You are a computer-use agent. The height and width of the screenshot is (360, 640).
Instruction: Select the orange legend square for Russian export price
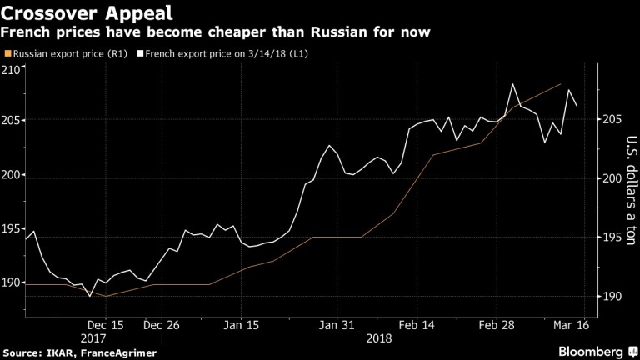(x=7, y=54)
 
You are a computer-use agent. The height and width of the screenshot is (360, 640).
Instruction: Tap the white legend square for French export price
(x=142, y=54)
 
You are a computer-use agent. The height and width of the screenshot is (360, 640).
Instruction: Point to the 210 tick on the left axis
(x=12, y=69)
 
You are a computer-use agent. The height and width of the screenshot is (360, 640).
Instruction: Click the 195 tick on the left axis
(x=12, y=228)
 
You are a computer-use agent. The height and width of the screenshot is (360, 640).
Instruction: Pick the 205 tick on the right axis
(x=612, y=120)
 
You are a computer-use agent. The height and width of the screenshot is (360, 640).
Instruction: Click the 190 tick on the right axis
(x=612, y=297)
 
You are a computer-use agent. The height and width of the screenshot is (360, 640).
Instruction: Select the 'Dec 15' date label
(x=105, y=326)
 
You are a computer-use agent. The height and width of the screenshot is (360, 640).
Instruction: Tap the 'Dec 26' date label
(x=162, y=326)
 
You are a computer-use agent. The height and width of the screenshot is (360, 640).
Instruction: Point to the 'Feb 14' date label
(x=414, y=326)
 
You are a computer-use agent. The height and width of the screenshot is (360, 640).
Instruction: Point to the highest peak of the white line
(x=512, y=84)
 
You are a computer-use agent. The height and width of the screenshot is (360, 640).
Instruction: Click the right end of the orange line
(x=560, y=84)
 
